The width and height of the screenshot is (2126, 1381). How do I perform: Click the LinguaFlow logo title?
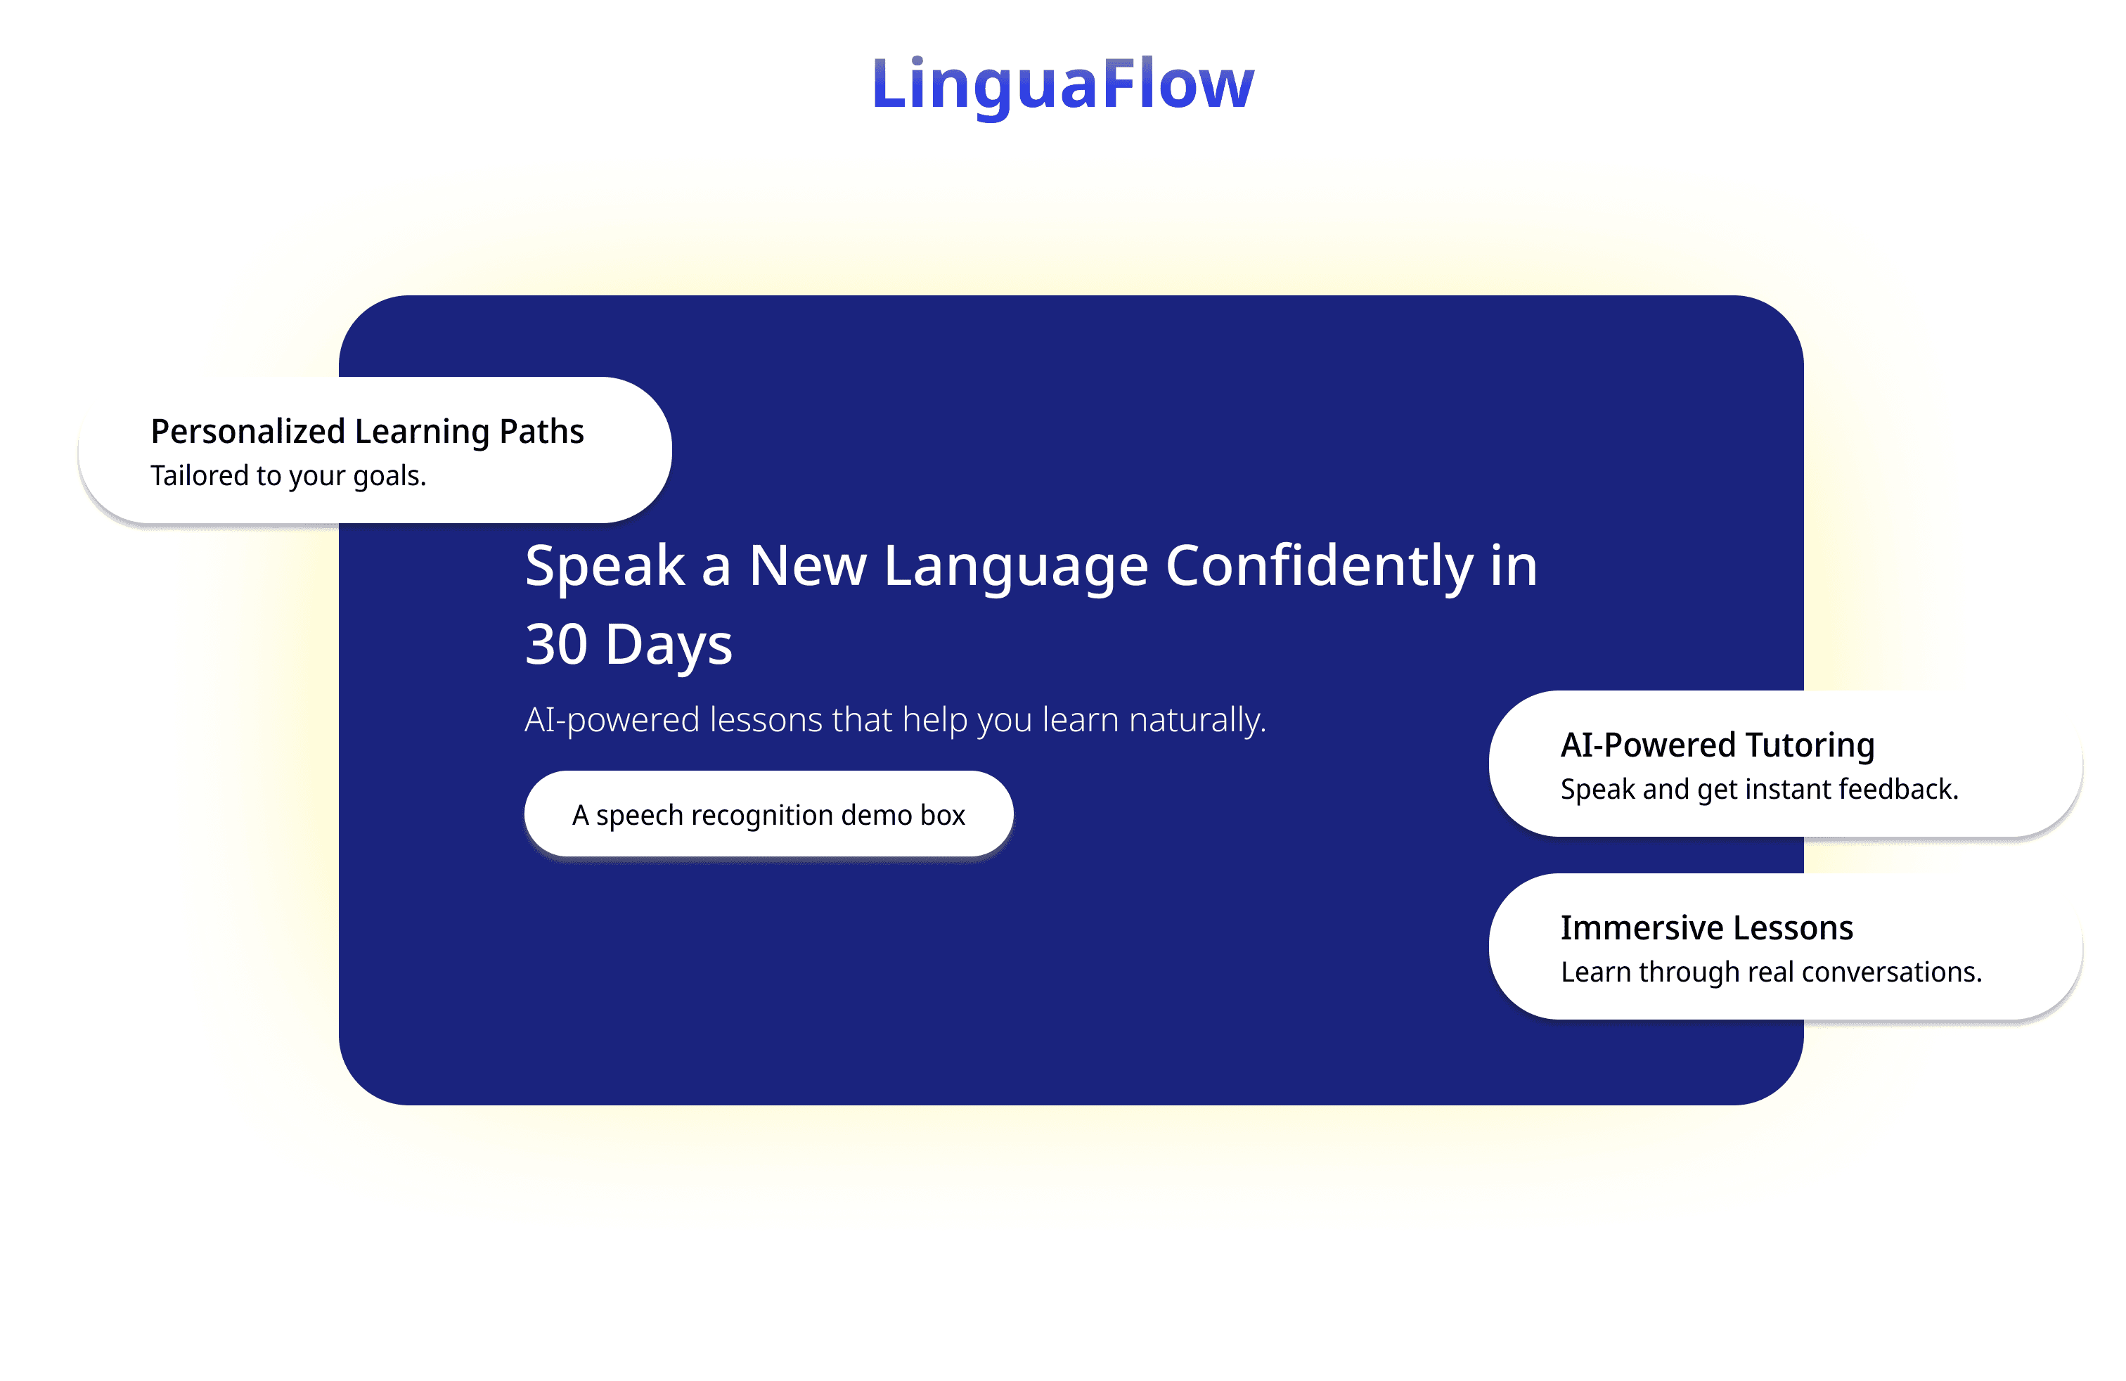tap(1063, 85)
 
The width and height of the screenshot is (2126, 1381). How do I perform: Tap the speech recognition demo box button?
tap(768, 814)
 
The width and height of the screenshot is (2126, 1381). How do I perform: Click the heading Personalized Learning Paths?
tap(367, 432)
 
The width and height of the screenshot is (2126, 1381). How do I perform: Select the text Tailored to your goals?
tap(288, 476)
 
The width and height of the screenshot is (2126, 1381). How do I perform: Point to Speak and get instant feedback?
tap(1759, 790)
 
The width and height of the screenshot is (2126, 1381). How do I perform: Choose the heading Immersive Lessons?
tap(1706, 928)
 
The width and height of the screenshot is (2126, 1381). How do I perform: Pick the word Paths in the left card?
tap(541, 432)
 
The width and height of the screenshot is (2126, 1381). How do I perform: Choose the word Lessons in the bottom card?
tap(1793, 928)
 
